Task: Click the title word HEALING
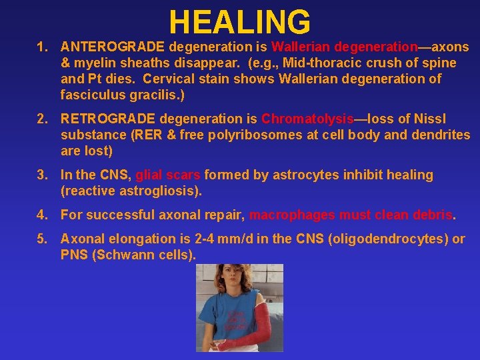click(x=239, y=22)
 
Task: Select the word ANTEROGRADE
click(x=113, y=47)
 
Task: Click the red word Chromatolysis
click(x=307, y=119)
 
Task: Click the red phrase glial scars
click(x=168, y=175)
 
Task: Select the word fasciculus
click(x=92, y=95)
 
